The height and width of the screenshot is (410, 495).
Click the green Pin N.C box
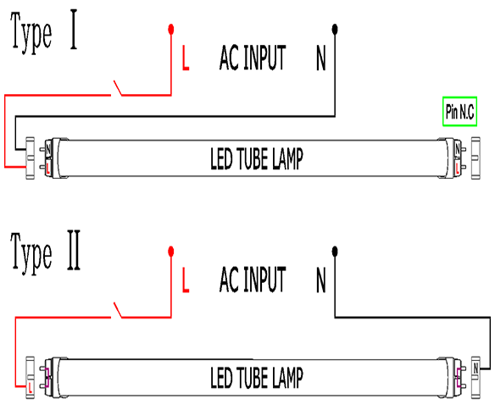[x=459, y=112]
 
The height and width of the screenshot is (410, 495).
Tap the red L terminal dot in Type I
[x=171, y=30]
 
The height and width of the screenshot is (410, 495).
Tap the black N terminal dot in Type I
[x=335, y=30]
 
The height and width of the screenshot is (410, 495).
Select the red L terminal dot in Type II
[x=171, y=252]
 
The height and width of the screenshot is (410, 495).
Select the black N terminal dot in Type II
[x=335, y=252]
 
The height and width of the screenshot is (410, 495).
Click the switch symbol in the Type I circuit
[x=118, y=88]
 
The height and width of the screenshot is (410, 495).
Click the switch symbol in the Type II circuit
[x=118, y=310]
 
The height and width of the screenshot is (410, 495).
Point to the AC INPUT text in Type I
[x=253, y=58]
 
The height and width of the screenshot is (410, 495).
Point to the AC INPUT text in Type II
[x=253, y=279]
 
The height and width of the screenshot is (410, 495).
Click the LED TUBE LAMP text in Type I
[x=257, y=158]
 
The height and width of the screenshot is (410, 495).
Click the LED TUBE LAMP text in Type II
[x=257, y=378]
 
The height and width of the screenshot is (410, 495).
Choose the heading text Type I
[x=44, y=31]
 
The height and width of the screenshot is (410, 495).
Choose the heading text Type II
[x=46, y=252]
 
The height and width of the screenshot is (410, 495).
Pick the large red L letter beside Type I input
[x=186, y=58]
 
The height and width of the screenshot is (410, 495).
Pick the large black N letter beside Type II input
[x=320, y=280]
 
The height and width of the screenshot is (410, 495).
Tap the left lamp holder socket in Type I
[x=30, y=158]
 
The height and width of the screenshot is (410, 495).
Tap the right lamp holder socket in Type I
[x=476, y=158]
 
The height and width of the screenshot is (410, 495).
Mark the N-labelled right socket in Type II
[x=476, y=378]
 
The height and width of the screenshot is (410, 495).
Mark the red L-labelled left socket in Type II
[x=30, y=378]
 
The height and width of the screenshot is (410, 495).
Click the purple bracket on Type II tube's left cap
[x=47, y=378]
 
